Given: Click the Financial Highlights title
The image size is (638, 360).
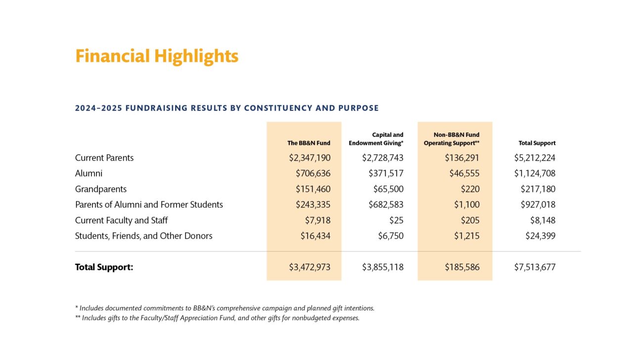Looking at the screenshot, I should point(156,56).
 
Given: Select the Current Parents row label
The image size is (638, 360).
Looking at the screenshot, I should point(104,158).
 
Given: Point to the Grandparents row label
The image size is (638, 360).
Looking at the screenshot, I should point(101,189).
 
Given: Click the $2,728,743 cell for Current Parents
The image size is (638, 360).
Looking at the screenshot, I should point(382,158).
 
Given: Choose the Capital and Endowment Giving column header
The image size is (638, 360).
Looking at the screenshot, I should point(376,139).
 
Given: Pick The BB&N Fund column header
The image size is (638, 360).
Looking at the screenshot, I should point(309,143).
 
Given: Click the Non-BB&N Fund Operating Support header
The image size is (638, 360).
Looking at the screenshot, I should point(452,139).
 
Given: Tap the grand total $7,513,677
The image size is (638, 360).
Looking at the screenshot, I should point(535,268).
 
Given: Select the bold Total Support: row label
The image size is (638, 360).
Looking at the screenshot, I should point(104,268).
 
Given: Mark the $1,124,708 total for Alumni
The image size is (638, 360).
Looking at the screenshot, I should point(535,174).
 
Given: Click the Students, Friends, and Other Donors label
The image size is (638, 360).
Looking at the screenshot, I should point(143,236).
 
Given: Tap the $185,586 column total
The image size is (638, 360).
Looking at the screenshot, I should point(461,268).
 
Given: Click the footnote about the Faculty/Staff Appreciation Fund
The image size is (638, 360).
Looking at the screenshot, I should point(217,318).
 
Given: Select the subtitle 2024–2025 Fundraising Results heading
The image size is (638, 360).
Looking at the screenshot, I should point(227,108).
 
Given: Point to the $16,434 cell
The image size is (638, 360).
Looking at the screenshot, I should point(315,236).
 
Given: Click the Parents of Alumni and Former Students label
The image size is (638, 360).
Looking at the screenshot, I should point(149,205).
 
